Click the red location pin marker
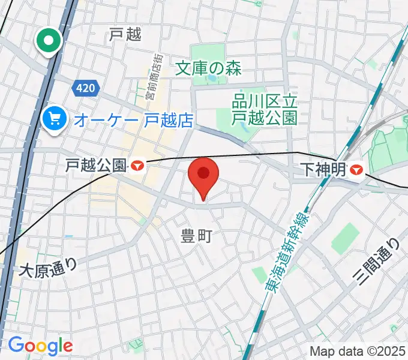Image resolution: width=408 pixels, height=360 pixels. point(204,175)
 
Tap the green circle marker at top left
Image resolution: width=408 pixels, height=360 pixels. point(49,41)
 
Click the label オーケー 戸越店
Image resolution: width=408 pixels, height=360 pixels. point(133,120)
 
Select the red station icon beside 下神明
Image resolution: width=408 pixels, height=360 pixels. point(356,170)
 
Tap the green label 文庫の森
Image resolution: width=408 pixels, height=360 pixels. point(209,68)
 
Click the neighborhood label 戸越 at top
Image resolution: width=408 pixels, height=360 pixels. point(125,35)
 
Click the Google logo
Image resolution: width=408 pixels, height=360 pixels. point(40,345)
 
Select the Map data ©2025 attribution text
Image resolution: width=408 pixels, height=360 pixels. point(358,351)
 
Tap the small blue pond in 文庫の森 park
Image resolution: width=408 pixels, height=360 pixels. point(211,78)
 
